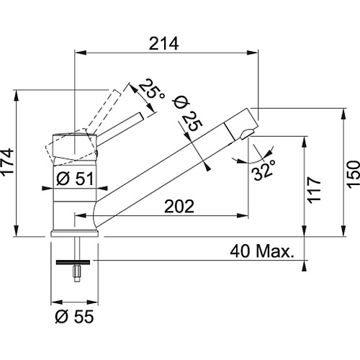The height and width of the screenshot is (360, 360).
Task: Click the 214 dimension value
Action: tap(164, 43)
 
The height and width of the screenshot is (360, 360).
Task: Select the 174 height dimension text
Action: tap(7, 163)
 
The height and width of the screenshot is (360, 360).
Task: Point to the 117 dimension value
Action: tap(314, 191)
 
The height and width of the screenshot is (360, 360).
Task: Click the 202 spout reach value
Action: tap(179, 206)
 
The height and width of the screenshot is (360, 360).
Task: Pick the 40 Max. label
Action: tap(262, 251)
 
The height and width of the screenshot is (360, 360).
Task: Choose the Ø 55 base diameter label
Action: tap(74, 317)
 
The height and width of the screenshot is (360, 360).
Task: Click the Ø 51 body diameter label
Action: tap(75, 179)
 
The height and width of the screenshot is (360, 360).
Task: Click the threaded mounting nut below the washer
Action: tap(77, 274)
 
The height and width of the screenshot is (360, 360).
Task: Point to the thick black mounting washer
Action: tap(73, 262)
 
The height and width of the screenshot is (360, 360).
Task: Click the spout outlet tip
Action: tap(246, 135)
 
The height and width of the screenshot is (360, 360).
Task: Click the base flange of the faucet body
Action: tap(75, 233)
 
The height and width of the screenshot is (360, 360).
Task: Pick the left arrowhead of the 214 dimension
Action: tap(81, 53)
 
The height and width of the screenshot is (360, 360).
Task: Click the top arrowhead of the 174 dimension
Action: tap(17, 96)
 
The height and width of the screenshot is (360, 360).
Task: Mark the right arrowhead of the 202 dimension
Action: tap(243, 215)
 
